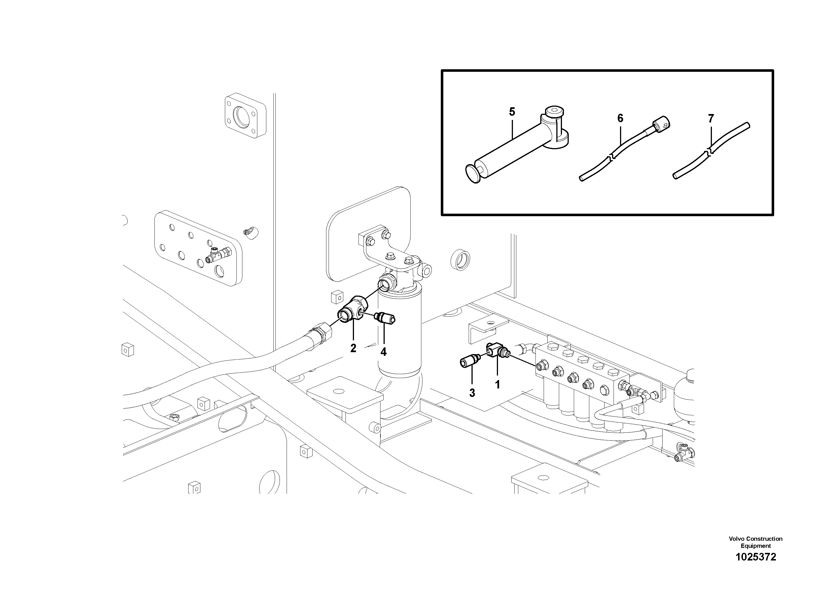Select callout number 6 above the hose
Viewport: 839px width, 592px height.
[x=620, y=118]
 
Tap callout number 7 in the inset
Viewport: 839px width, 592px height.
[x=711, y=119]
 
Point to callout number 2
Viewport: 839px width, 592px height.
[x=353, y=348]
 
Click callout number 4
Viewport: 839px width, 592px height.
[x=383, y=352]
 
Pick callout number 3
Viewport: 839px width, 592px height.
[x=472, y=393]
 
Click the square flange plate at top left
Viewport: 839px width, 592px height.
[x=244, y=116]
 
